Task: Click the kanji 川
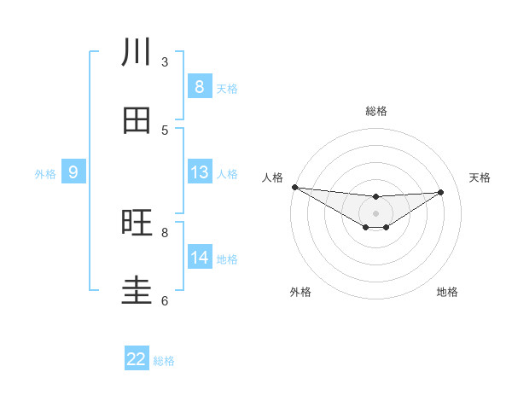click(137, 52)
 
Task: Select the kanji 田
click(137, 120)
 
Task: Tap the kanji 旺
click(137, 223)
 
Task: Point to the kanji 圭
click(137, 290)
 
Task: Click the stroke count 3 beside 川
click(165, 61)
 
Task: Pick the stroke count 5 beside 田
click(165, 130)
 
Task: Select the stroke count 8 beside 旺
click(165, 232)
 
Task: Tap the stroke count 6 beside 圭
click(165, 300)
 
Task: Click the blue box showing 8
click(199, 86)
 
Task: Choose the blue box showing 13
click(199, 172)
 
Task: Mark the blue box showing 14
click(199, 257)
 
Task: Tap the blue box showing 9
click(73, 172)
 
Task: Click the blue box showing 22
click(137, 359)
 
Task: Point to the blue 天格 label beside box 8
click(227, 88)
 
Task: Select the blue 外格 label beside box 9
click(45, 174)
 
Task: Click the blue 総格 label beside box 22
click(164, 361)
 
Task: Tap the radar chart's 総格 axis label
click(375, 111)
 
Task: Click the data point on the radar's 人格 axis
click(294, 187)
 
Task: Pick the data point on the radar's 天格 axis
click(441, 192)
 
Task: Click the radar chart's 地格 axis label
click(447, 292)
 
